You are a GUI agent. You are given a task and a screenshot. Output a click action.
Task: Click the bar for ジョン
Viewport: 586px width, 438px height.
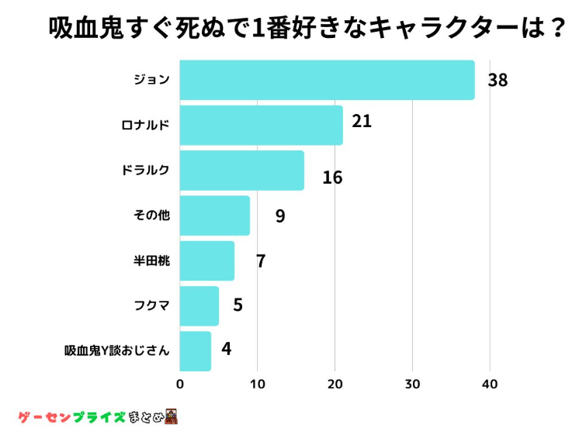tap(327, 80)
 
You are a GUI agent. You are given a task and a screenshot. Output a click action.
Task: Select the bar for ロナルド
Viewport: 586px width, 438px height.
tap(261, 125)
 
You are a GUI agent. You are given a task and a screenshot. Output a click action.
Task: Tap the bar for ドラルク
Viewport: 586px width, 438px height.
tap(241, 171)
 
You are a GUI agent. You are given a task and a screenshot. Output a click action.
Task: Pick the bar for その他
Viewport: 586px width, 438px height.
tap(214, 216)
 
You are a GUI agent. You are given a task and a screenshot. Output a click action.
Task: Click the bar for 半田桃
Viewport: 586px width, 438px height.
tap(206, 260)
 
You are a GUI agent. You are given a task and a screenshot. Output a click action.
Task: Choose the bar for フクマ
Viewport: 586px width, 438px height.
tap(199, 305)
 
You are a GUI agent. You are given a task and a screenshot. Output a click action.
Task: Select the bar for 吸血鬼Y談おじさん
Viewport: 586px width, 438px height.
tap(195, 350)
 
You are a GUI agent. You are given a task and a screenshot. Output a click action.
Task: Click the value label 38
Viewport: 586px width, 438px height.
tap(498, 80)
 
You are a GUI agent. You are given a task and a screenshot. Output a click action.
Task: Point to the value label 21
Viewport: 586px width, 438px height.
tap(362, 122)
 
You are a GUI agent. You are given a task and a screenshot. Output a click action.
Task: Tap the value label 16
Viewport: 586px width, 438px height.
tap(332, 178)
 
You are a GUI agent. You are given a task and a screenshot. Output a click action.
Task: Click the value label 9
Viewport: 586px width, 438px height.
tap(280, 216)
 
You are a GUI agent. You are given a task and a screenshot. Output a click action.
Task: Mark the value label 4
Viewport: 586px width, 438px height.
tap(226, 348)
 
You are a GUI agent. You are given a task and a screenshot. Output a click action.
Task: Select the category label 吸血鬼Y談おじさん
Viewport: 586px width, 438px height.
tap(116, 350)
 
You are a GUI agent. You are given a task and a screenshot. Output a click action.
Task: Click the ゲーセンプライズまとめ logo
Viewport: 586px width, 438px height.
tap(97, 417)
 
